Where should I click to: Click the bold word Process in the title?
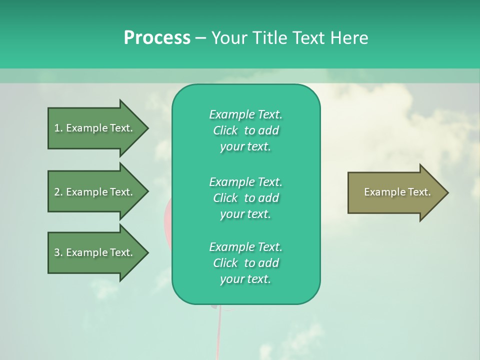coord(157,38)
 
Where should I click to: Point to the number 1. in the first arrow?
coord(58,128)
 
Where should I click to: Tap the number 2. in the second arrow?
coord(58,192)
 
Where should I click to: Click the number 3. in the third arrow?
coord(58,252)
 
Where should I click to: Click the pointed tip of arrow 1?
coord(145,128)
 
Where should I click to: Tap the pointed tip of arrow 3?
coord(145,252)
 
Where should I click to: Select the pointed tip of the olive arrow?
coord(446,192)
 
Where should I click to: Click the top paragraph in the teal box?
coord(245,130)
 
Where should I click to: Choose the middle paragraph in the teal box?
coord(245,198)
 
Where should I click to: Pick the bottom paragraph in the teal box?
coord(245,263)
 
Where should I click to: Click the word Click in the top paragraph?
coord(225,130)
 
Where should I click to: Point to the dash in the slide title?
coord(200,38)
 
